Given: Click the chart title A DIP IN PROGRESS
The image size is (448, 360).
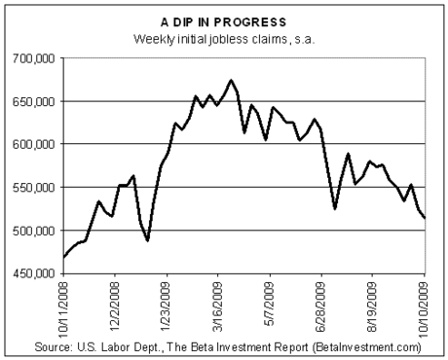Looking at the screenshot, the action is click(224, 22).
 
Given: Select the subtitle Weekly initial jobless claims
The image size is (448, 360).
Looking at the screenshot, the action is click(210, 40).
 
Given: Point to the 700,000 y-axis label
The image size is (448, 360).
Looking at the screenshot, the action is click(34, 58).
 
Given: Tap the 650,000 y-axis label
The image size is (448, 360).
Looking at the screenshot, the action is click(34, 102).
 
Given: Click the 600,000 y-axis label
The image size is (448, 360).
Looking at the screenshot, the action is click(34, 144).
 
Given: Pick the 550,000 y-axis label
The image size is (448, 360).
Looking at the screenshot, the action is click(34, 188).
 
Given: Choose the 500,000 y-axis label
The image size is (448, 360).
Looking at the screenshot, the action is click(34, 231).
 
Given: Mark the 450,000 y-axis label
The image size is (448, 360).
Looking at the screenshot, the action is click(34, 274).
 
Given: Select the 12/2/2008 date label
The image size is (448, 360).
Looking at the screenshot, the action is click(115, 306).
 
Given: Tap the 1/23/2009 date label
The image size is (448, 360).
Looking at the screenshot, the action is click(167, 306).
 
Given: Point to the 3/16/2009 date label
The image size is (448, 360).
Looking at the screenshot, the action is click(217, 306).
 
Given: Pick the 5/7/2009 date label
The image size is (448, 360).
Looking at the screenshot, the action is click(270, 304).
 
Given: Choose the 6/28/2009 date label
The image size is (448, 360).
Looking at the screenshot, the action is click(321, 306).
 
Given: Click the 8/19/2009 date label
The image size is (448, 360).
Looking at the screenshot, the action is click(372, 306).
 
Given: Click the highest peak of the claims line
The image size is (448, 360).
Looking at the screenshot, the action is click(231, 80).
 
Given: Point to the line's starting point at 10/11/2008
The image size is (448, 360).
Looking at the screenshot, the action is click(64, 257).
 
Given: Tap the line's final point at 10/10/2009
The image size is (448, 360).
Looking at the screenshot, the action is click(425, 218).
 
